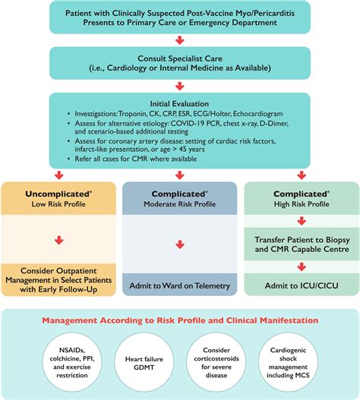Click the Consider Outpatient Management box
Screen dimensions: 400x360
point(58,279)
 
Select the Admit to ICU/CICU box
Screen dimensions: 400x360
point(302,284)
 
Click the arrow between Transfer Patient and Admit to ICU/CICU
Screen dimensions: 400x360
point(302,266)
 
